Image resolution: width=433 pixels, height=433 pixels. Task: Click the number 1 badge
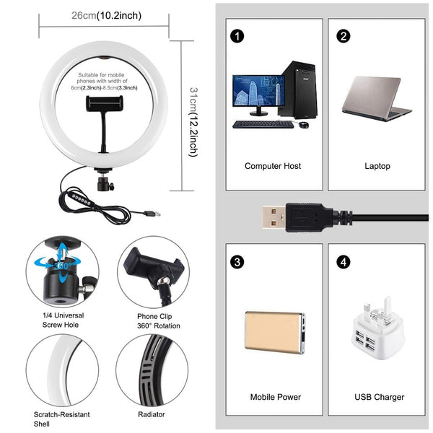click(236, 35)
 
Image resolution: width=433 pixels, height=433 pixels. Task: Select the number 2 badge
click(344, 35)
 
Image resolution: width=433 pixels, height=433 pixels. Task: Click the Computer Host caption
click(273, 166)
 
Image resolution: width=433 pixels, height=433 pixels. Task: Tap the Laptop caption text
click(377, 166)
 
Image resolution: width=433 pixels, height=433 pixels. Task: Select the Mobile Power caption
click(275, 397)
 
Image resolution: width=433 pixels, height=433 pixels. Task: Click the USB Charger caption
click(380, 397)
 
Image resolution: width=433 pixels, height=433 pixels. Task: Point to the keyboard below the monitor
click(263, 124)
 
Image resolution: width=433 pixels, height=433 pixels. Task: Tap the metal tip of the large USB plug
click(274, 216)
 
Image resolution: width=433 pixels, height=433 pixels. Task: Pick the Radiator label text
click(152, 415)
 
